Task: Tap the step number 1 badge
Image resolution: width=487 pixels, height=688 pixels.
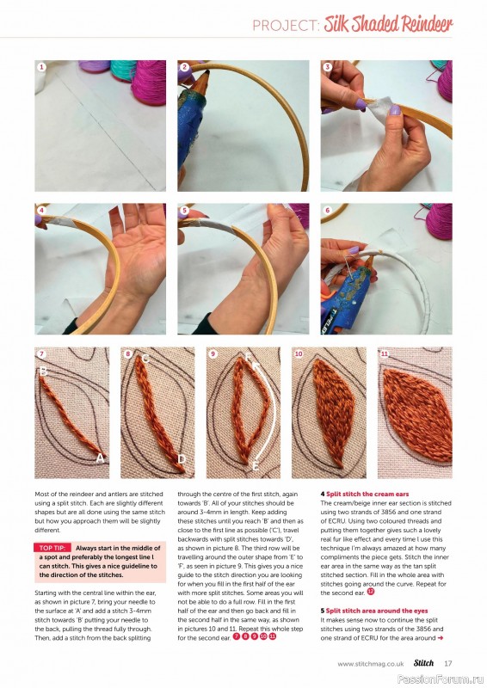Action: [x=40, y=66]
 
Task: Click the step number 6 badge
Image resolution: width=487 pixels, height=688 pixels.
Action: [x=327, y=210]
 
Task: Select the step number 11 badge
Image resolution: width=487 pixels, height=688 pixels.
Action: [x=385, y=353]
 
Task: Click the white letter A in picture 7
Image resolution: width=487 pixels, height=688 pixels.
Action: [x=100, y=459]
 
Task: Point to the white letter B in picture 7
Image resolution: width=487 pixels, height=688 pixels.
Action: [x=42, y=372]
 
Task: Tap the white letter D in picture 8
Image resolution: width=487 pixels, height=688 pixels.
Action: [x=182, y=460]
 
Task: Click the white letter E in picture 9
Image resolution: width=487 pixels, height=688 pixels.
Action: [x=255, y=465]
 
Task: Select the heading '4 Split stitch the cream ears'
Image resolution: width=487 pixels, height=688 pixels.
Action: [x=366, y=494]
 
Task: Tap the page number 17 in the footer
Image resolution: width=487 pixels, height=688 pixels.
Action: [x=448, y=663]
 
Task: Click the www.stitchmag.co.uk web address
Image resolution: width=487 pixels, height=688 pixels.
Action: [x=371, y=663]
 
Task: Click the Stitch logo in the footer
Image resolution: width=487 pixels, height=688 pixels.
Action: [x=422, y=663]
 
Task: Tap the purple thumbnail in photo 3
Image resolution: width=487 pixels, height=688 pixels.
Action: [x=361, y=103]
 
